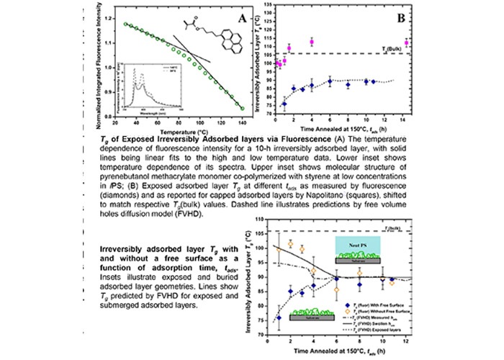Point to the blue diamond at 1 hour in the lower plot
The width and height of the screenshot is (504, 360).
(x=279, y=317)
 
